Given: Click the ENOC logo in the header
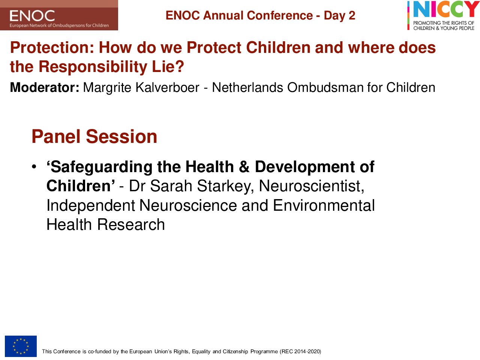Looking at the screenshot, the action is (59, 15).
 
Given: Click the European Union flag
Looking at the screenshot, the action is (21, 346).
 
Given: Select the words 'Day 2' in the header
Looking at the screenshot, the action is (339, 15).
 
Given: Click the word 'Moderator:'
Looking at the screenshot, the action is (45, 87).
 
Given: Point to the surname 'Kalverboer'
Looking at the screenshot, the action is (168, 87).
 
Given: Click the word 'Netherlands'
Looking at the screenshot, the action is (247, 87).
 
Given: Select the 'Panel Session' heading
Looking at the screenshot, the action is (94, 136).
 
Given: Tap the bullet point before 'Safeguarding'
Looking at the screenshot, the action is (34, 167).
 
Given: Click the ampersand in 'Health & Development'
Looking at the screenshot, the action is (244, 167).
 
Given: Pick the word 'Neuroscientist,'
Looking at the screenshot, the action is (311, 186).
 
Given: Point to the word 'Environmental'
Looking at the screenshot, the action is (324, 205).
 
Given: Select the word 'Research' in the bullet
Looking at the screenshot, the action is (131, 225).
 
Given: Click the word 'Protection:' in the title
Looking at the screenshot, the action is (52, 47).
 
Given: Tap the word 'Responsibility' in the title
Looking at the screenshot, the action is (93, 67).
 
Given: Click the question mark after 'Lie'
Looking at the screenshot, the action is (180, 66).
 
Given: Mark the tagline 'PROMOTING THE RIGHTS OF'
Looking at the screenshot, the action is (444, 23).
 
